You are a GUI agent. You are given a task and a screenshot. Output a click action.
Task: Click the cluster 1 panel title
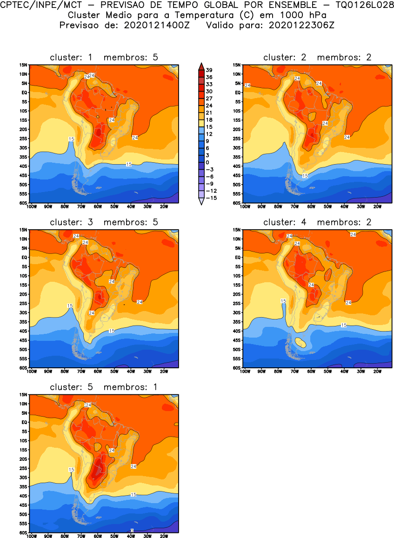coord(104,57)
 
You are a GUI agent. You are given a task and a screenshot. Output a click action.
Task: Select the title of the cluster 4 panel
coord(317,222)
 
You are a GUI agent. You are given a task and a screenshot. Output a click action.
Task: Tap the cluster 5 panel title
coord(104,387)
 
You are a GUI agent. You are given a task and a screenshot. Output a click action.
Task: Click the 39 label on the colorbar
coord(209,70)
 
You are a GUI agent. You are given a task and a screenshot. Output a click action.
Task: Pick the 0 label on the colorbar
coord(207,162)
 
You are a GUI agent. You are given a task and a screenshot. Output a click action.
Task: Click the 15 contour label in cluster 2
coord(305,176)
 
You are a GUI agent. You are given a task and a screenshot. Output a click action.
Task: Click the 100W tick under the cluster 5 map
coord(32,536)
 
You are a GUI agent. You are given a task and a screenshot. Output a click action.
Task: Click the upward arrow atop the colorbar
coord(201,65)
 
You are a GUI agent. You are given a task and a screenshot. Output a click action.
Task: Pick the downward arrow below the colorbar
coord(201,202)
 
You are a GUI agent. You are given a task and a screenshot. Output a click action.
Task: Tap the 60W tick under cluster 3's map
coord(98,371)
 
